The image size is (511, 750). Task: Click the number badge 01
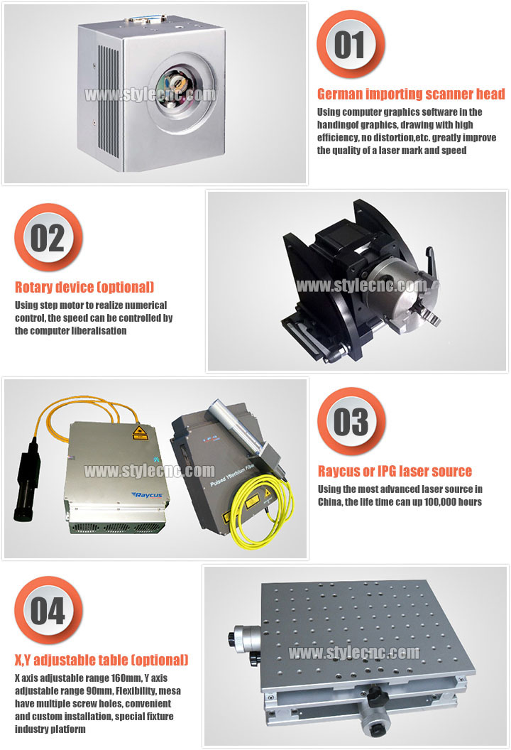351,45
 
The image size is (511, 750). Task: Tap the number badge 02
48,238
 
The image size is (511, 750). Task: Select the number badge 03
351,421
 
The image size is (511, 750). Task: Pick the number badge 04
48,610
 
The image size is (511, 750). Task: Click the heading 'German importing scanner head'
411,94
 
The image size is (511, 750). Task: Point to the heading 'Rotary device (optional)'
84,287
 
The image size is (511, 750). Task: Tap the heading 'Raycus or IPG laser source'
395,471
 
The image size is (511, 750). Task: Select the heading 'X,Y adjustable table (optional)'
101,660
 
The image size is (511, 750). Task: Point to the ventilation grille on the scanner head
109,97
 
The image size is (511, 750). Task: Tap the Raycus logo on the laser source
147,495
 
